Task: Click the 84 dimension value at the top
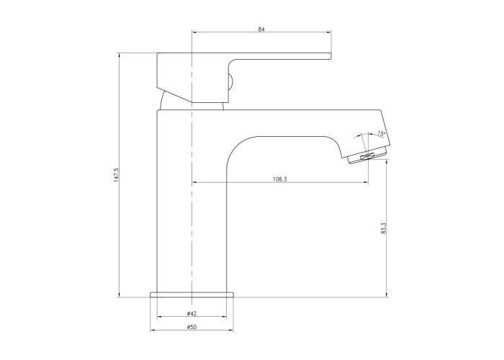click(261, 30)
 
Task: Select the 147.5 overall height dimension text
click(117, 175)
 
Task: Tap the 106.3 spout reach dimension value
click(279, 179)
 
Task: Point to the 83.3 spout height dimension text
click(384, 228)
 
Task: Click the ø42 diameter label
click(192, 313)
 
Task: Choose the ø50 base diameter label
click(192, 327)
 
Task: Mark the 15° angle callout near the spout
click(381, 133)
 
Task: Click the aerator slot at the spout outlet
click(366, 156)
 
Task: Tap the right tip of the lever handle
click(330, 56)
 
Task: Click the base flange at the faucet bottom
click(192, 294)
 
